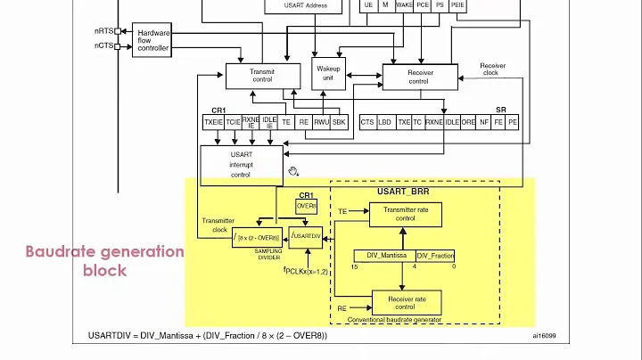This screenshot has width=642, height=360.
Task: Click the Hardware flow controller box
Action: click(x=153, y=40)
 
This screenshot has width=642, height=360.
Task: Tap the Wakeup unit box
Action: click(x=327, y=72)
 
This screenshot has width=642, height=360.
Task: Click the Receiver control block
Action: click(x=418, y=77)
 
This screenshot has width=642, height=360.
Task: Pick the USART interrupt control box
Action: click(x=241, y=165)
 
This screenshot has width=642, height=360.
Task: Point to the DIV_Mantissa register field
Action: click(x=383, y=256)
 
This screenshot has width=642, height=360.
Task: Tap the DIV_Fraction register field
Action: click(x=435, y=256)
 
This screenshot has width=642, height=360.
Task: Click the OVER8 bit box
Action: click(x=306, y=206)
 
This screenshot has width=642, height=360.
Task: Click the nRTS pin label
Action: click(x=104, y=30)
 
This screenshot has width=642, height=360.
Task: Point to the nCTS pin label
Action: click(x=104, y=45)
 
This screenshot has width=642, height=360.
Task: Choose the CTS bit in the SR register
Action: click(x=367, y=123)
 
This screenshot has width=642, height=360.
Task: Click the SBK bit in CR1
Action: click(x=339, y=123)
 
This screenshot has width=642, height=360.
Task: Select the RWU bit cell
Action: click(x=321, y=123)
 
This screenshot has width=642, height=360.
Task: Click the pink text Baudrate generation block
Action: click(x=104, y=260)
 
